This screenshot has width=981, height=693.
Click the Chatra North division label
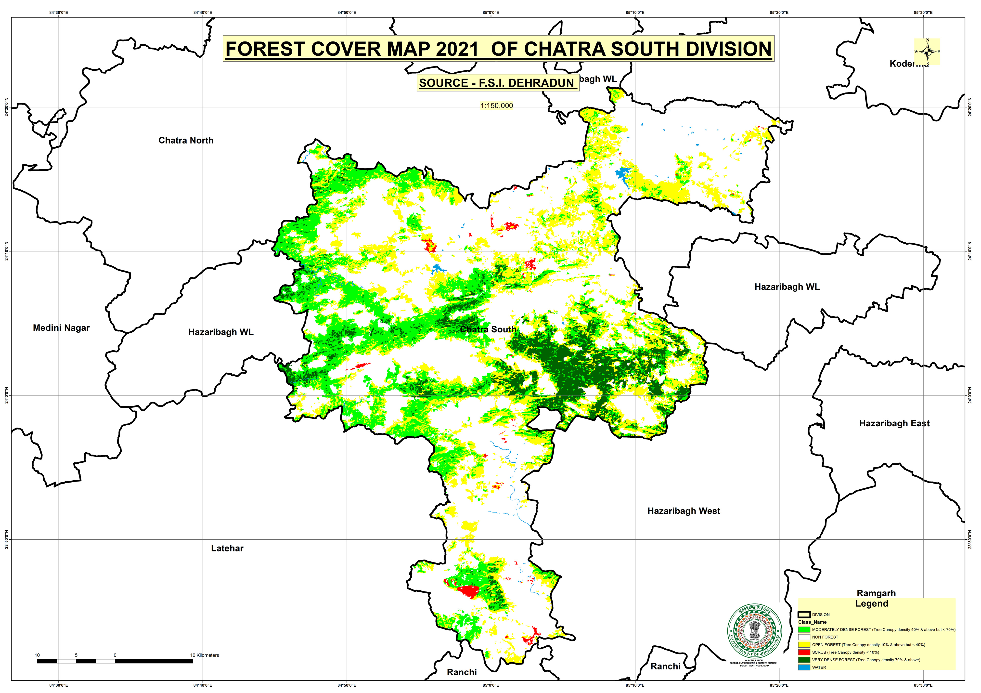point(186,141)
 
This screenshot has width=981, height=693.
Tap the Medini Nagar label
point(61,328)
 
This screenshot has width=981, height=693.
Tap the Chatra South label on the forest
point(488,329)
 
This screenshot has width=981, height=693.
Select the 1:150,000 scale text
point(496,105)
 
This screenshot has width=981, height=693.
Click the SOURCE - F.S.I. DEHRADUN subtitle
point(496,83)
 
